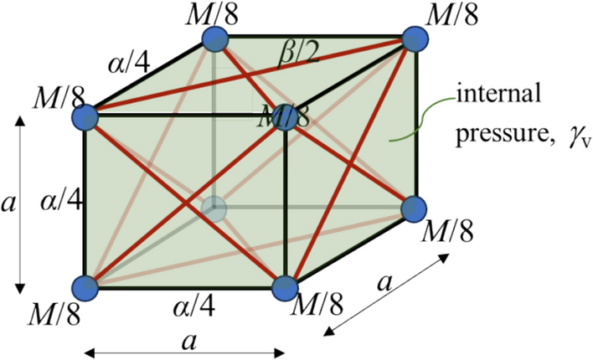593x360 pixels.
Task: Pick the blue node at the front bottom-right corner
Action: pyautogui.click(x=286, y=286)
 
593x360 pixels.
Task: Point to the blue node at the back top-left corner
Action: pyautogui.click(x=215, y=39)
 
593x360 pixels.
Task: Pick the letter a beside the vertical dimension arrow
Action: pyautogui.click(x=10, y=204)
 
